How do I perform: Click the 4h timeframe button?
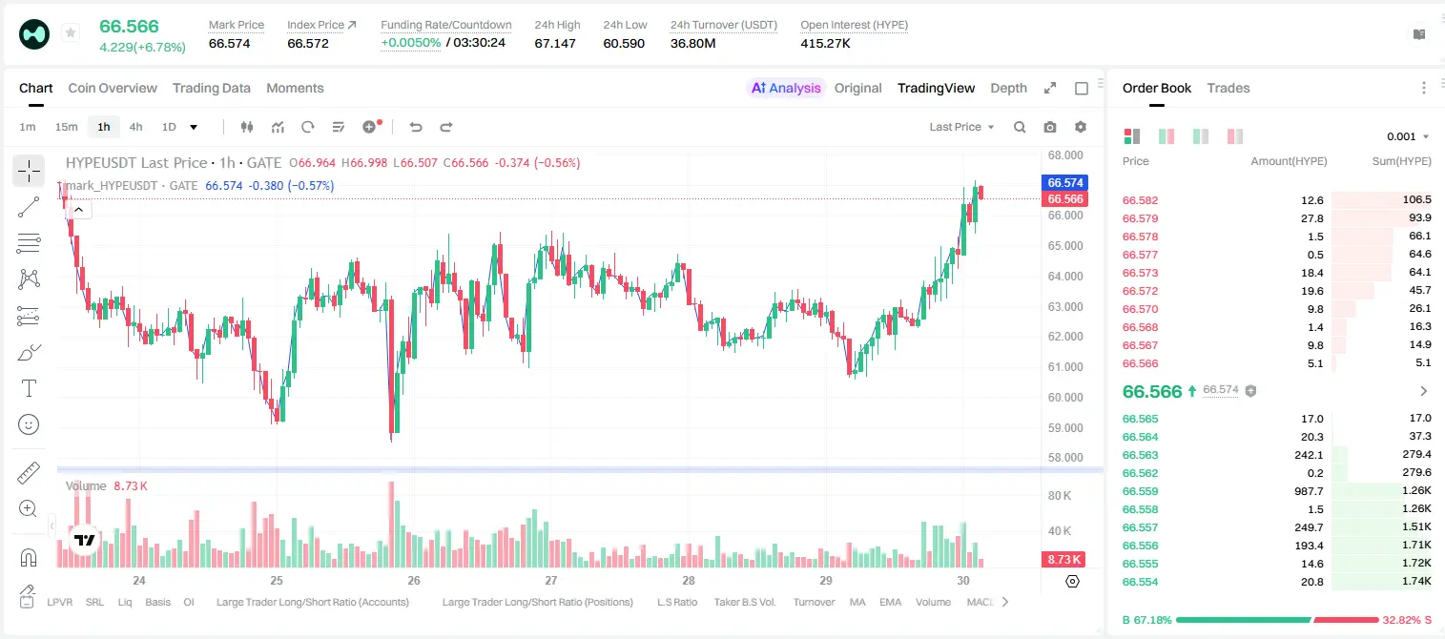tap(135, 127)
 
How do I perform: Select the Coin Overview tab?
tap(113, 88)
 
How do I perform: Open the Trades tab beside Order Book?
tap(1228, 88)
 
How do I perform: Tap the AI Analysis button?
tap(786, 88)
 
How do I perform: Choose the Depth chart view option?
tap(1008, 88)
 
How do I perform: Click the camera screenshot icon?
tap(1050, 127)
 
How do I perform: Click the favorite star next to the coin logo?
tap(71, 32)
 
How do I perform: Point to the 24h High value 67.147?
tap(555, 43)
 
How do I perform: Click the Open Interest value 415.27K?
tap(825, 43)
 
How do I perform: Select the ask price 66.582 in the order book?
tap(1140, 200)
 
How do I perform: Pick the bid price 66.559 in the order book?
tap(1140, 491)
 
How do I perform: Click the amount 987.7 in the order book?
tap(1309, 491)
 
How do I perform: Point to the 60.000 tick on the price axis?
tap(1065, 397)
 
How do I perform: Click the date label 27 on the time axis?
tap(551, 580)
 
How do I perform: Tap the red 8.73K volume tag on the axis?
tap(1063, 560)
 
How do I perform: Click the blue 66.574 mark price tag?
tap(1065, 182)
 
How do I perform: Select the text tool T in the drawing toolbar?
tap(29, 388)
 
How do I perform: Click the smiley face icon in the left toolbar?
tap(29, 424)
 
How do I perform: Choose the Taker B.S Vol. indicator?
tap(744, 602)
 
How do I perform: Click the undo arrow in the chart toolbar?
tap(416, 127)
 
